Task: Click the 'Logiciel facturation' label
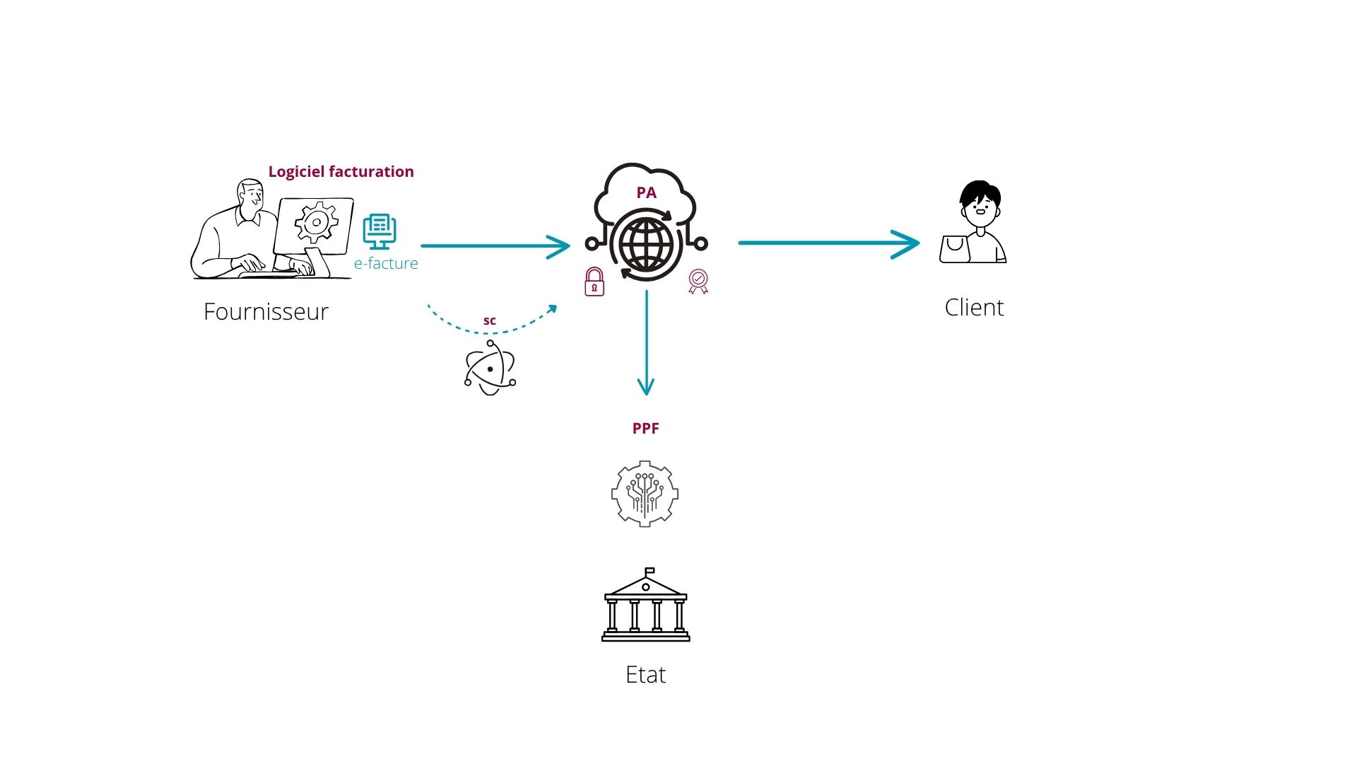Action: click(341, 172)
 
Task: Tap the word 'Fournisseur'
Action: click(266, 312)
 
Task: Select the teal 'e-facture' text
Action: click(386, 264)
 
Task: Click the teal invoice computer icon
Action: click(380, 231)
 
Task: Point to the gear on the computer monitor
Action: click(316, 223)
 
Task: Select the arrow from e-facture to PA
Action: click(495, 246)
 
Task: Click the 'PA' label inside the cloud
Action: click(646, 193)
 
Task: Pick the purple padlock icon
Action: click(594, 282)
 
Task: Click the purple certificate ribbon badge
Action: click(698, 281)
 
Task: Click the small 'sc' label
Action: click(490, 320)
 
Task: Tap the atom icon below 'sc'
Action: click(490, 368)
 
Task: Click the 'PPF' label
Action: click(645, 429)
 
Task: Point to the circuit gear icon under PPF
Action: click(645, 494)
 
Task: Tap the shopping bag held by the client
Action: click(954, 249)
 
